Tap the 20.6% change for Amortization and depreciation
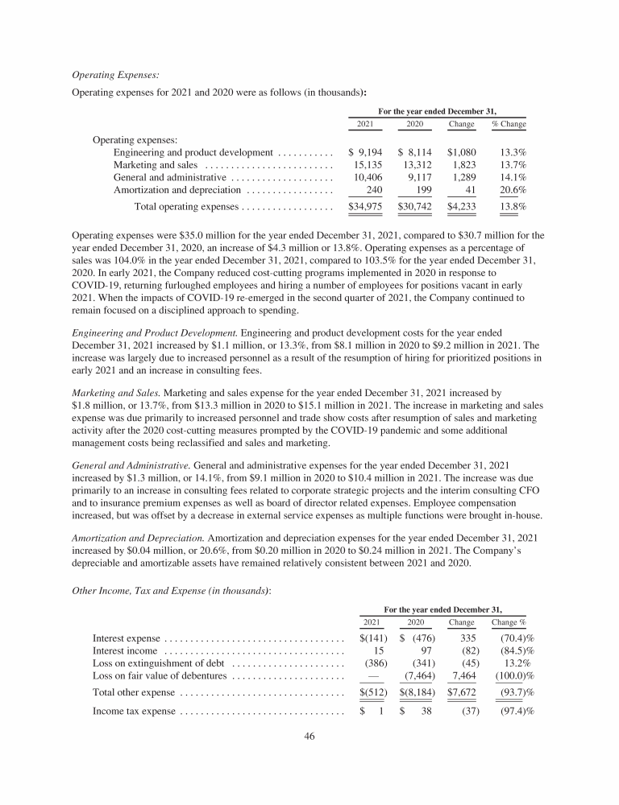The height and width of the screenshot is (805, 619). coord(513,190)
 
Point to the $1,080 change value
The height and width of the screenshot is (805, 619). coord(463,151)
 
